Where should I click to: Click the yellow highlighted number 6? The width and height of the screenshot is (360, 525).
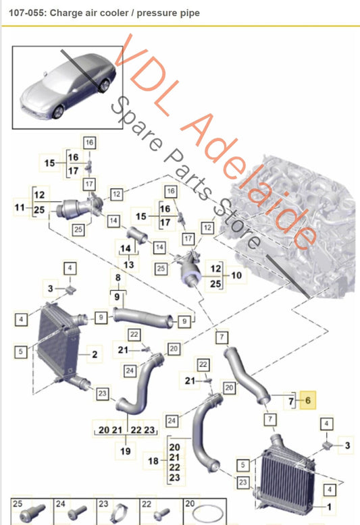308,400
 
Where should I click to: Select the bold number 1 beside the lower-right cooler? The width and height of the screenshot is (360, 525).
329,507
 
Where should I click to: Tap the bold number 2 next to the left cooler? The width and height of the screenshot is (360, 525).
95,354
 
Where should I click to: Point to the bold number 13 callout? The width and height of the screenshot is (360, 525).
128,265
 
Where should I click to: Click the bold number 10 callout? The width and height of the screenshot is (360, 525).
236,275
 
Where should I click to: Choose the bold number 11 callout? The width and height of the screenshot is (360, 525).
20,208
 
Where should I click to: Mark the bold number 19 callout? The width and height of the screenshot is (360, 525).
126,451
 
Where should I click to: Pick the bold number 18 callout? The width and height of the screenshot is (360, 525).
153,461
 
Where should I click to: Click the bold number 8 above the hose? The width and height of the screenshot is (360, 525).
118,277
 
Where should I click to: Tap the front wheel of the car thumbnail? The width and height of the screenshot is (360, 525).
58,111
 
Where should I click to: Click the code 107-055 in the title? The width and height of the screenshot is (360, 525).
28,13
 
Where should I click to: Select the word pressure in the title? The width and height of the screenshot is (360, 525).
152,13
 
